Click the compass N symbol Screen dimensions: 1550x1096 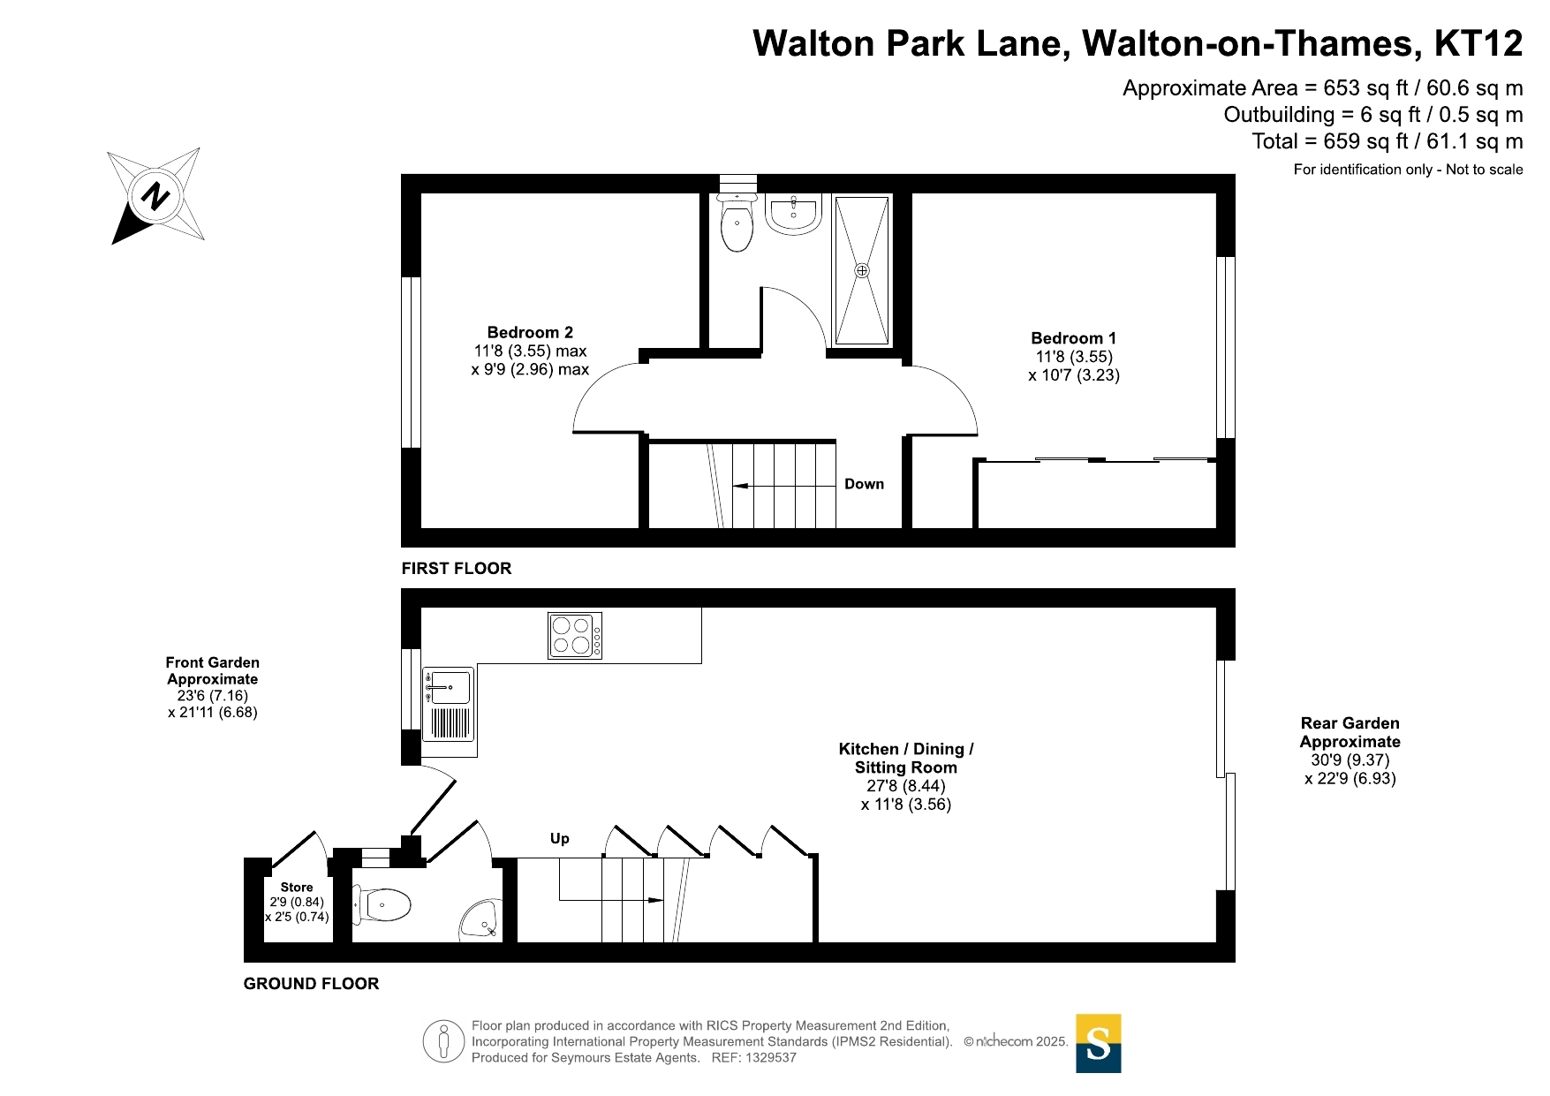pos(156,195)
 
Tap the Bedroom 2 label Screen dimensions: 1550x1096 pos(530,333)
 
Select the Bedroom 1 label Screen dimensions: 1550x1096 pos(1073,338)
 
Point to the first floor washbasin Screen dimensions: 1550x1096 pos(793,214)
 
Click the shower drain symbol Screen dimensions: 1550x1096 pos(862,270)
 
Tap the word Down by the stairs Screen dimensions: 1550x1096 pos(864,484)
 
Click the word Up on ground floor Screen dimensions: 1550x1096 pos(560,839)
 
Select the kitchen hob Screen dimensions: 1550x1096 pos(575,636)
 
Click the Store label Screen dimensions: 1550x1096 pos(297,888)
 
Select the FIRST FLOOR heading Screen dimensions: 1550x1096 pos(457,569)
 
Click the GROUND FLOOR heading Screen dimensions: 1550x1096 pos(311,984)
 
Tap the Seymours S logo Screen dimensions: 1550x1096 pos(1098,1043)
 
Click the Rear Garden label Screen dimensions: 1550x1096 pos(1350,732)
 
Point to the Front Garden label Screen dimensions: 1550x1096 pos(212,670)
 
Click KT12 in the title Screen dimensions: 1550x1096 pos(1478,43)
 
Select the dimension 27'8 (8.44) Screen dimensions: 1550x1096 pos(906,786)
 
